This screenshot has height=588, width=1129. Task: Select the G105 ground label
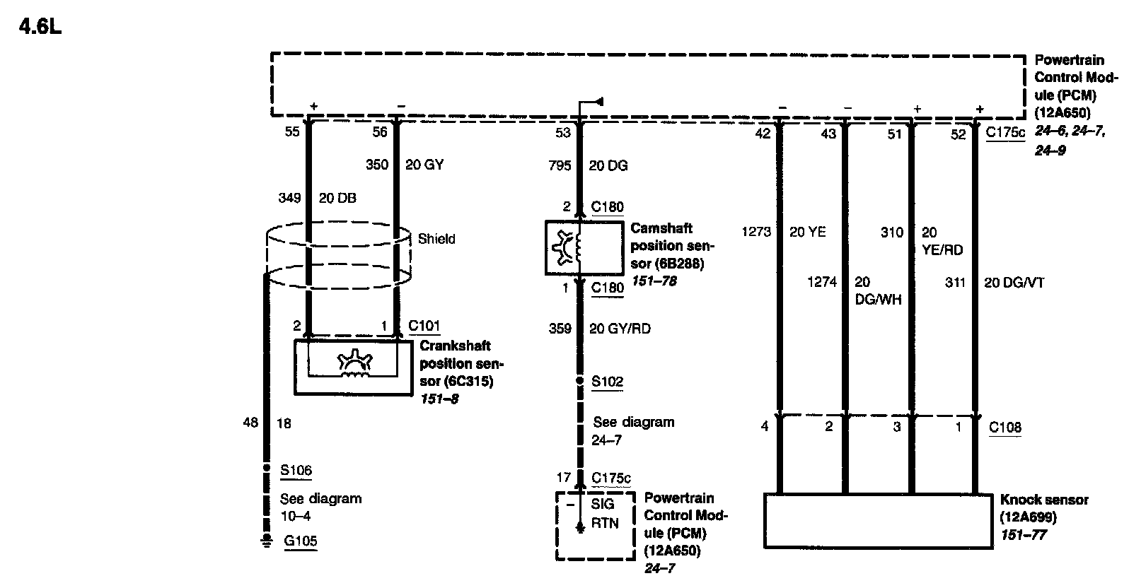300,542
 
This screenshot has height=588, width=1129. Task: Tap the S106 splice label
296,470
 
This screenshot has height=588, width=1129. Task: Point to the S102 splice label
607,382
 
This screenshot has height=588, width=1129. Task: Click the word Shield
436,239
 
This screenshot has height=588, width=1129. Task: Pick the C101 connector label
424,326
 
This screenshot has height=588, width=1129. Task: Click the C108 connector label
1004,427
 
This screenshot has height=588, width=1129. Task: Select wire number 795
560,165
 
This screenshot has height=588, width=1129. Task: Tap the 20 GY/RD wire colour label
620,329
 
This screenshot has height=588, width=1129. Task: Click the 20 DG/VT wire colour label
1014,283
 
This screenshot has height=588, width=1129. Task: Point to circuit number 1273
756,231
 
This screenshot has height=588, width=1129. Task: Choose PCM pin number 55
292,132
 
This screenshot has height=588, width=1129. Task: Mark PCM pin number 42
763,134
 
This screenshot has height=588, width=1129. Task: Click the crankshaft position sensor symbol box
346,367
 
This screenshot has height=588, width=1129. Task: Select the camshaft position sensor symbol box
578,247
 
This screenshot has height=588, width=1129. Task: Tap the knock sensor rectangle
877,520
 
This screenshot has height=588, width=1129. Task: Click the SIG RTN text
604,514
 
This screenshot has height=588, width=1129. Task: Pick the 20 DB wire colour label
337,199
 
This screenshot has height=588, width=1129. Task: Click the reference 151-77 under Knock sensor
1024,535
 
